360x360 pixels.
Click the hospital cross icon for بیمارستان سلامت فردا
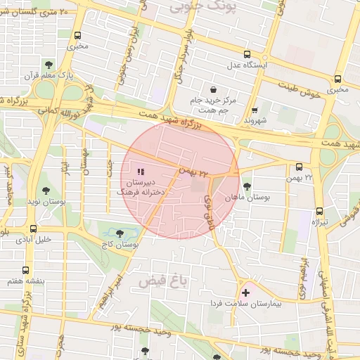245,292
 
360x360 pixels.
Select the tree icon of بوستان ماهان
247,186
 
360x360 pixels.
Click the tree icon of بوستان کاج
120,232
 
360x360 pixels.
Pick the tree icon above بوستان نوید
46,190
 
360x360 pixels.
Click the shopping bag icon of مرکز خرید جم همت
213,89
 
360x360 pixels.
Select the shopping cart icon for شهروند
255,110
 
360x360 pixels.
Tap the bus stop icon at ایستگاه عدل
247,54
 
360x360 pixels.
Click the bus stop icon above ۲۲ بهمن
300,167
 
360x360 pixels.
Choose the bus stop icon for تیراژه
320,210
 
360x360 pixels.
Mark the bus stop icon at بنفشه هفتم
26,270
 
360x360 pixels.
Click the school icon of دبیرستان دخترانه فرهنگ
140,172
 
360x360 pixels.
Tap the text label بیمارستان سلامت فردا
246,304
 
